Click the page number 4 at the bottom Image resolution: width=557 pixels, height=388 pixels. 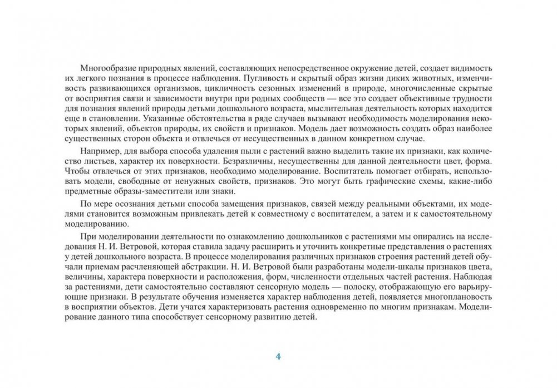point(278,356)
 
